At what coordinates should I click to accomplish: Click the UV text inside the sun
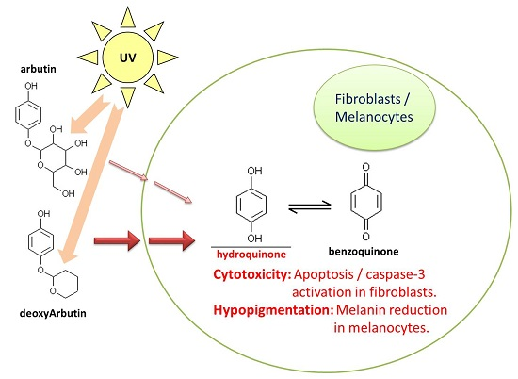(x=128, y=58)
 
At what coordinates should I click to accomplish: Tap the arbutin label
(x=39, y=69)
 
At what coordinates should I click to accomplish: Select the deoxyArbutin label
(x=53, y=313)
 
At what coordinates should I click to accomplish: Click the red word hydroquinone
(x=251, y=255)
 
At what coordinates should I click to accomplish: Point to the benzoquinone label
(x=364, y=252)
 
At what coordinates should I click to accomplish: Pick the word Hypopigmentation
(x=273, y=310)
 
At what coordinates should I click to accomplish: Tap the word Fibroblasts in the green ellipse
(x=367, y=99)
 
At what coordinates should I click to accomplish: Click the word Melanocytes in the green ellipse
(x=374, y=117)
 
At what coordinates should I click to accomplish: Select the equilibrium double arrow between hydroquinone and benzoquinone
(x=310, y=206)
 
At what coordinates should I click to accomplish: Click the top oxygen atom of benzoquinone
(x=365, y=167)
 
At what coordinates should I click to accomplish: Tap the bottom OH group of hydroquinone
(x=254, y=239)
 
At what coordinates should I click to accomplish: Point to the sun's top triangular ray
(x=128, y=18)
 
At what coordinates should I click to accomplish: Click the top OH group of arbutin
(x=31, y=86)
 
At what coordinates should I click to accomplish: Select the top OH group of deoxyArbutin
(x=43, y=214)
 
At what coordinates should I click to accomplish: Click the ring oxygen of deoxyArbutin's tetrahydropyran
(x=53, y=291)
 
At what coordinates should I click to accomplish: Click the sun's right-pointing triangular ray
(x=167, y=58)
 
